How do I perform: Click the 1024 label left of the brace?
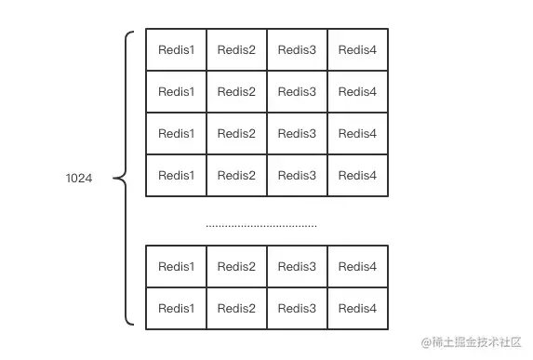coord(79,177)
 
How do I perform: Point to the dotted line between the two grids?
coord(260,225)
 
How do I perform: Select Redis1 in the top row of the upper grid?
coord(176,50)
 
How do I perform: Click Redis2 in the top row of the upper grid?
coord(236,50)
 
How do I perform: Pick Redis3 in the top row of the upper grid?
coord(297,50)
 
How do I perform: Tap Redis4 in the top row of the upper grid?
coord(357,50)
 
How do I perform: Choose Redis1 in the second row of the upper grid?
coord(176,92)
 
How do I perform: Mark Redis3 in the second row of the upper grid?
coord(297,92)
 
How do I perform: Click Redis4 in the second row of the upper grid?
coord(357,92)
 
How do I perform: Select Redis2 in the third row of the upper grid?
coord(236,134)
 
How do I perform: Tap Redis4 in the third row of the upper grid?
coord(357,134)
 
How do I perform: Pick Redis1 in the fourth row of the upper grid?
coord(176,176)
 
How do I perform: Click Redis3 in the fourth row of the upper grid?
coord(297,176)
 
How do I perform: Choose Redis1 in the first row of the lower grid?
coord(176,267)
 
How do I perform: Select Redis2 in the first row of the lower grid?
coord(236,267)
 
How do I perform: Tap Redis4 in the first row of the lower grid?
coord(357,267)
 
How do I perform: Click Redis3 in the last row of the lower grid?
coord(297,309)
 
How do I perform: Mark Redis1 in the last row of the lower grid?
coord(176,309)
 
